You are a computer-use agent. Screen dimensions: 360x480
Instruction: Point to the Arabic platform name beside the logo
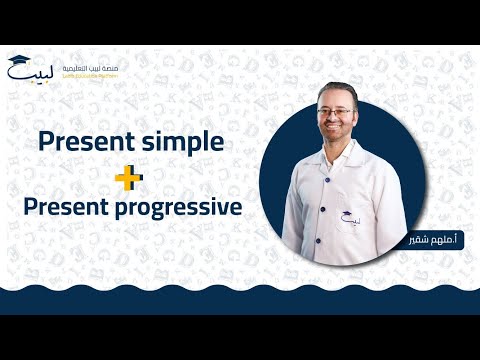pos(97,66)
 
